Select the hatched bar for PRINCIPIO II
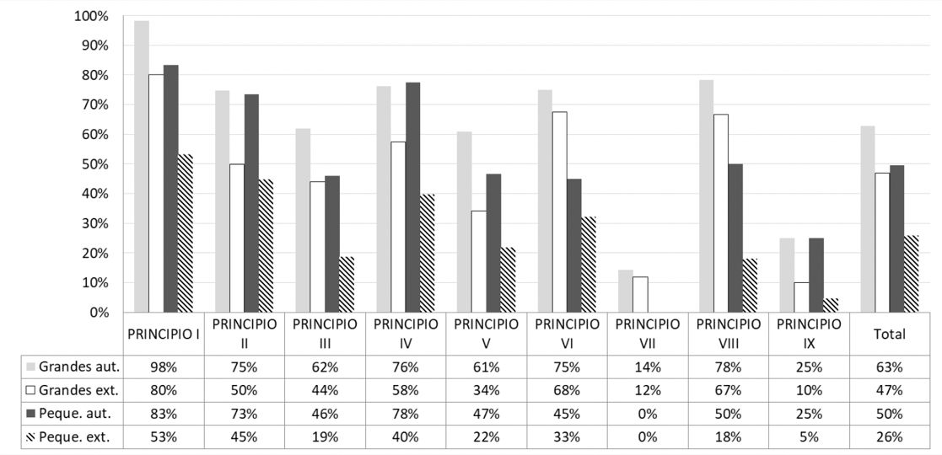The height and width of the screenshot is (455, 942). pyautogui.click(x=266, y=245)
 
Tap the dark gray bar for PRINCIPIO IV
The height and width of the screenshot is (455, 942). pyautogui.click(x=412, y=197)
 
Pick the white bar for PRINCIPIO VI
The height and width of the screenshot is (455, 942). pyautogui.click(x=560, y=211)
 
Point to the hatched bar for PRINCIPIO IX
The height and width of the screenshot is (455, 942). pyautogui.click(x=832, y=305)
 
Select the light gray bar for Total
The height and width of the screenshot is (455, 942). pyautogui.click(x=868, y=219)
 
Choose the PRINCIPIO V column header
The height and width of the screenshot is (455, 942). pyautogui.click(x=487, y=334)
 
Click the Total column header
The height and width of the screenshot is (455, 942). pyautogui.click(x=890, y=334)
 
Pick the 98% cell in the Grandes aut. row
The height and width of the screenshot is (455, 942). pyautogui.click(x=163, y=367)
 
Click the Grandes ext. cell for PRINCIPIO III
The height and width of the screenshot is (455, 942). pyautogui.click(x=325, y=390)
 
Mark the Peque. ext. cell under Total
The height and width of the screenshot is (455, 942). pyautogui.click(x=890, y=437)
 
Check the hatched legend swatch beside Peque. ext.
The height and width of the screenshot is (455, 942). pyautogui.click(x=32, y=437)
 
